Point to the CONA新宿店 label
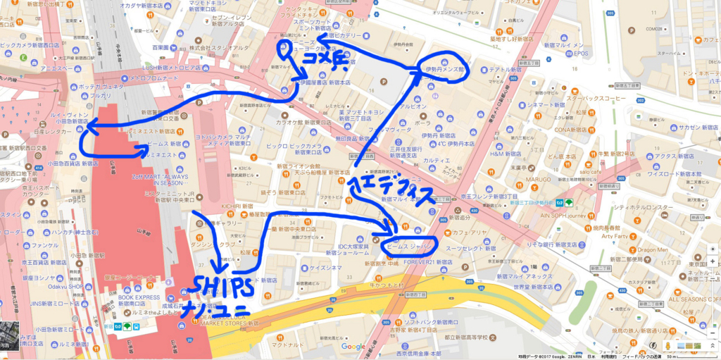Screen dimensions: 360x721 tap(572, 129)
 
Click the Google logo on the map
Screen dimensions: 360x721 tap(353, 346)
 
